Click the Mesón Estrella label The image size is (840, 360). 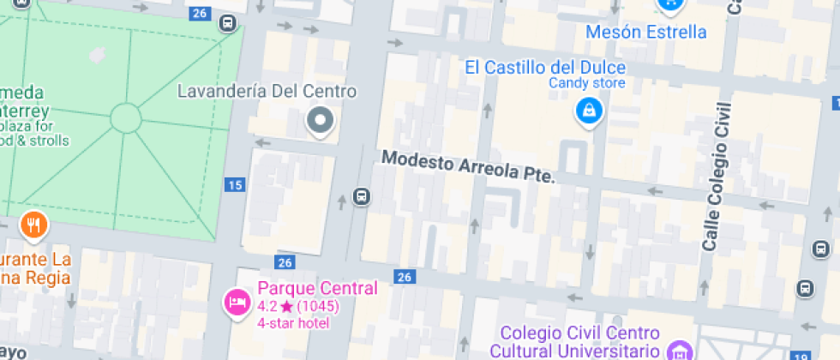pyautogui.click(x=645, y=33)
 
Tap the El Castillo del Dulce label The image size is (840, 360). pyautogui.click(x=544, y=67)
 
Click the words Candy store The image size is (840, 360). pyautogui.click(x=587, y=83)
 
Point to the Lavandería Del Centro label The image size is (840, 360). pyautogui.click(x=267, y=91)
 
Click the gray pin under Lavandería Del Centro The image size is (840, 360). pyautogui.click(x=321, y=121)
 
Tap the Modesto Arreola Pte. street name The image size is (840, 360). pyautogui.click(x=468, y=166)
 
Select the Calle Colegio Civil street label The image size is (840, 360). pyautogui.click(x=717, y=176)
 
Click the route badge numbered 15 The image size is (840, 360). pyautogui.click(x=235, y=184)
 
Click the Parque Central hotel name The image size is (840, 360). pyautogui.click(x=317, y=288)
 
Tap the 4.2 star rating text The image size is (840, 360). pyautogui.click(x=297, y=306)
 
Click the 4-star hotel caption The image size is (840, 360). pyautogui.click(x=291, y=322)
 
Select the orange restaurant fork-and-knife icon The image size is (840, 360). pyautogui.click(x=33, y=225)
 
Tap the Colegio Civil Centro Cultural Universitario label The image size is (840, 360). pyautogui.click(x=579, y=341)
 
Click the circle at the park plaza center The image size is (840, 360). pyautogui.click(x=125, y=117)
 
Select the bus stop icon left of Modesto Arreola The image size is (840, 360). pyautogui.click(x=362, y=197)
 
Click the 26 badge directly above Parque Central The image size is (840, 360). pyautogui.click(x=285, y=261)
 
